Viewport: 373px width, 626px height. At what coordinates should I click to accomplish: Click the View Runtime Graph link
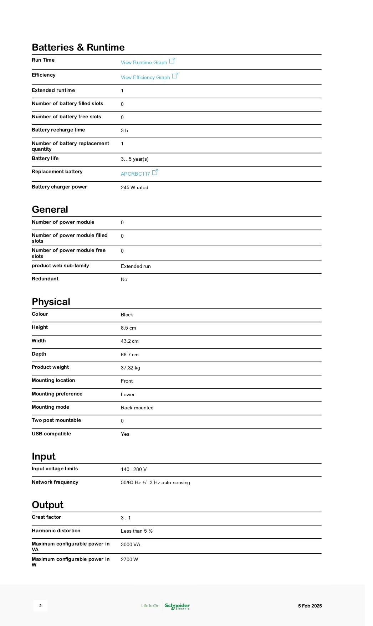pos(144,62)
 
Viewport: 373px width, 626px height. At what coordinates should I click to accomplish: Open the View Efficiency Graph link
pos(145,77)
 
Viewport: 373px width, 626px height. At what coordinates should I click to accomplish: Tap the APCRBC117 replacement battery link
pos(136,174)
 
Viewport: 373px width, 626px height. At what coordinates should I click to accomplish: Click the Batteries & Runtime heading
pos(78,47)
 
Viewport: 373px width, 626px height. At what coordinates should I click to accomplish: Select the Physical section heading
pos(51,302)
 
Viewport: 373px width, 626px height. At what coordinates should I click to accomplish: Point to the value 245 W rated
pos(134,187)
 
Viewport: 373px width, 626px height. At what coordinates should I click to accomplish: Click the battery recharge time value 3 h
pos(124,130)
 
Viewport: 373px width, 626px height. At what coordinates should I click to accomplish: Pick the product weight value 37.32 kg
pos(130,368)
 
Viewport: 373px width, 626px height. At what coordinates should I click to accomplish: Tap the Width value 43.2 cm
pos(129,341)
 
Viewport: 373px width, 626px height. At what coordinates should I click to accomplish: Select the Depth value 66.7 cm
pos(129,355)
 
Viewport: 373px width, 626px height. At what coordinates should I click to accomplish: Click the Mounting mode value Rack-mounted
pos(137,408)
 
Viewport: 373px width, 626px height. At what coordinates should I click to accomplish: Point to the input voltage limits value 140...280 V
pos(134,469)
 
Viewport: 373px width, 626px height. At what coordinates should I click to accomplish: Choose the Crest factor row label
pos(46,517)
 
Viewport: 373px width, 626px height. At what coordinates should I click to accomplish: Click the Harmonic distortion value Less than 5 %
pos(137,531)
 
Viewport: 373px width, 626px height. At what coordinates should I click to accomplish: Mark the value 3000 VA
pos(131,544)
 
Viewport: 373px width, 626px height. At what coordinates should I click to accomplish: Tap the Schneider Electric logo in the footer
pos(177,606)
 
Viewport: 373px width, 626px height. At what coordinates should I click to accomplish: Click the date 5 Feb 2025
pos(310,606)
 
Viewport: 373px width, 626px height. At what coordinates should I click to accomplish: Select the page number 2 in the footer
pos(40,606)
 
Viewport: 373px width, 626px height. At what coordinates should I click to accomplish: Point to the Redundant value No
pos(124,279)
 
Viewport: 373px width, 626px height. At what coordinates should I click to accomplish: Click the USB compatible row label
pos(51,434)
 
